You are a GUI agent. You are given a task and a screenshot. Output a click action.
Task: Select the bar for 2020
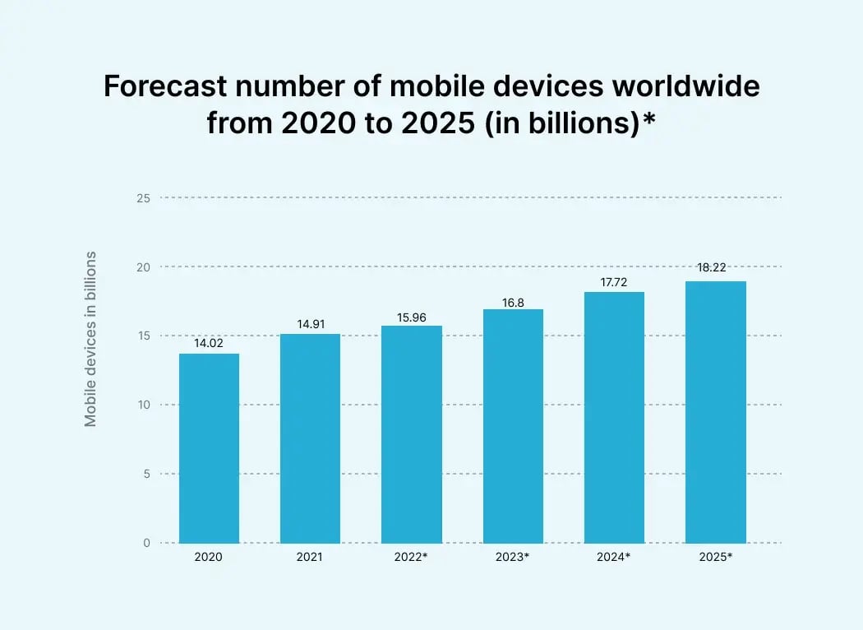pos(209,448)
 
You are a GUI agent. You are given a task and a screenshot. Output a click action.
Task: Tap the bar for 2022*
pos(412,434)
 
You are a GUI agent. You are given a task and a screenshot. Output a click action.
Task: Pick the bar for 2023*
pos(513,426)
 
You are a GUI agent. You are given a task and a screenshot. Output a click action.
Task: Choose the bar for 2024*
pos(614,417)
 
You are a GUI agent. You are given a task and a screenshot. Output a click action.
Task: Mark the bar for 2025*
pos(716,412)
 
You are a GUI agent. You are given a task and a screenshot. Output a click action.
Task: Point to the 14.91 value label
pos(310,325)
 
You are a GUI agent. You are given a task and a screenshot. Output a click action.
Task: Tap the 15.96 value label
pos(412,317)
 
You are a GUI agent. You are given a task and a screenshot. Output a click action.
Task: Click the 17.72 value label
pos(614,283)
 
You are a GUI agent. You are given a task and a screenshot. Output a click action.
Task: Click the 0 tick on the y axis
pos(146,543)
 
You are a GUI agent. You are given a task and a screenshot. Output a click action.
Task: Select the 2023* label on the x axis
pos(513,557)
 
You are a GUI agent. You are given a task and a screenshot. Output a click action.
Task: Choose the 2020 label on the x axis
pos(209,557)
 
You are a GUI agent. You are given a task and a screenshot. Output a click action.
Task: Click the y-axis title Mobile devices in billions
pos(90,339)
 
